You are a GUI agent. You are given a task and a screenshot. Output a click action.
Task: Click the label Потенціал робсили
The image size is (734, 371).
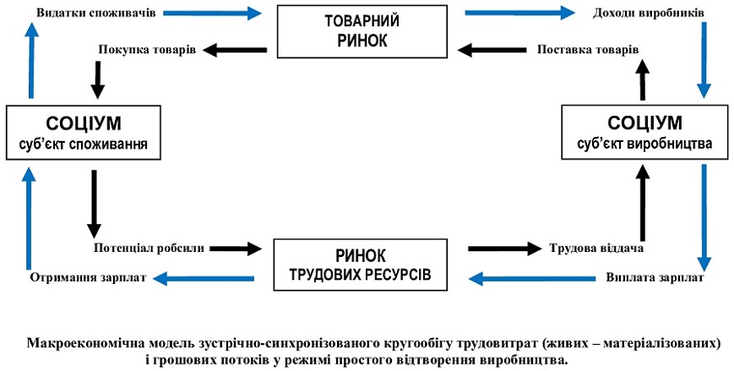(149, 248)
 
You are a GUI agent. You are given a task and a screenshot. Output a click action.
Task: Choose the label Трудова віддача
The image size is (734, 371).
(597, 248)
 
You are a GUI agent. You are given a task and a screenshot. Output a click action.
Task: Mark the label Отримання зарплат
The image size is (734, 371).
(88, 277)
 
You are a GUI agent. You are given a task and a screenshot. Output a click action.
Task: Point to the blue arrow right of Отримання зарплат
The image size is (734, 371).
(197, 277)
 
